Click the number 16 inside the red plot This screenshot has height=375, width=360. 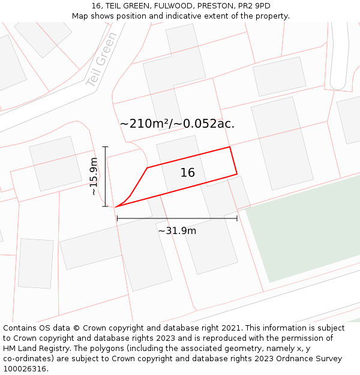[x=188, y=173]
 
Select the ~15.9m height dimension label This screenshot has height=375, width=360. [x=94, y=176]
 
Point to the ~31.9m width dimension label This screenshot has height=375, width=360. [x=177, y=230]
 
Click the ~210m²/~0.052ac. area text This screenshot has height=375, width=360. [x=177, y=124]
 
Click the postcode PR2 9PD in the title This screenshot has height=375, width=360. [x=254, y=6]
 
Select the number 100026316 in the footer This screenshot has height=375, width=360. [x=25, y=369]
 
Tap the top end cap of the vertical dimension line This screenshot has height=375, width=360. [x=106, y=146]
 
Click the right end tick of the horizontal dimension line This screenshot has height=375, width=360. [x=237, y=218]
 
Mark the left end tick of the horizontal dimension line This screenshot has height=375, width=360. [x=117, y=218]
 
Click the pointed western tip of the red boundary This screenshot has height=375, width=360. [x=116, y=206]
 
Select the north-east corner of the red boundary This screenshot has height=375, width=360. [x=230, y=147]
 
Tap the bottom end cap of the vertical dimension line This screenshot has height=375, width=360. [x=106, y=206]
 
